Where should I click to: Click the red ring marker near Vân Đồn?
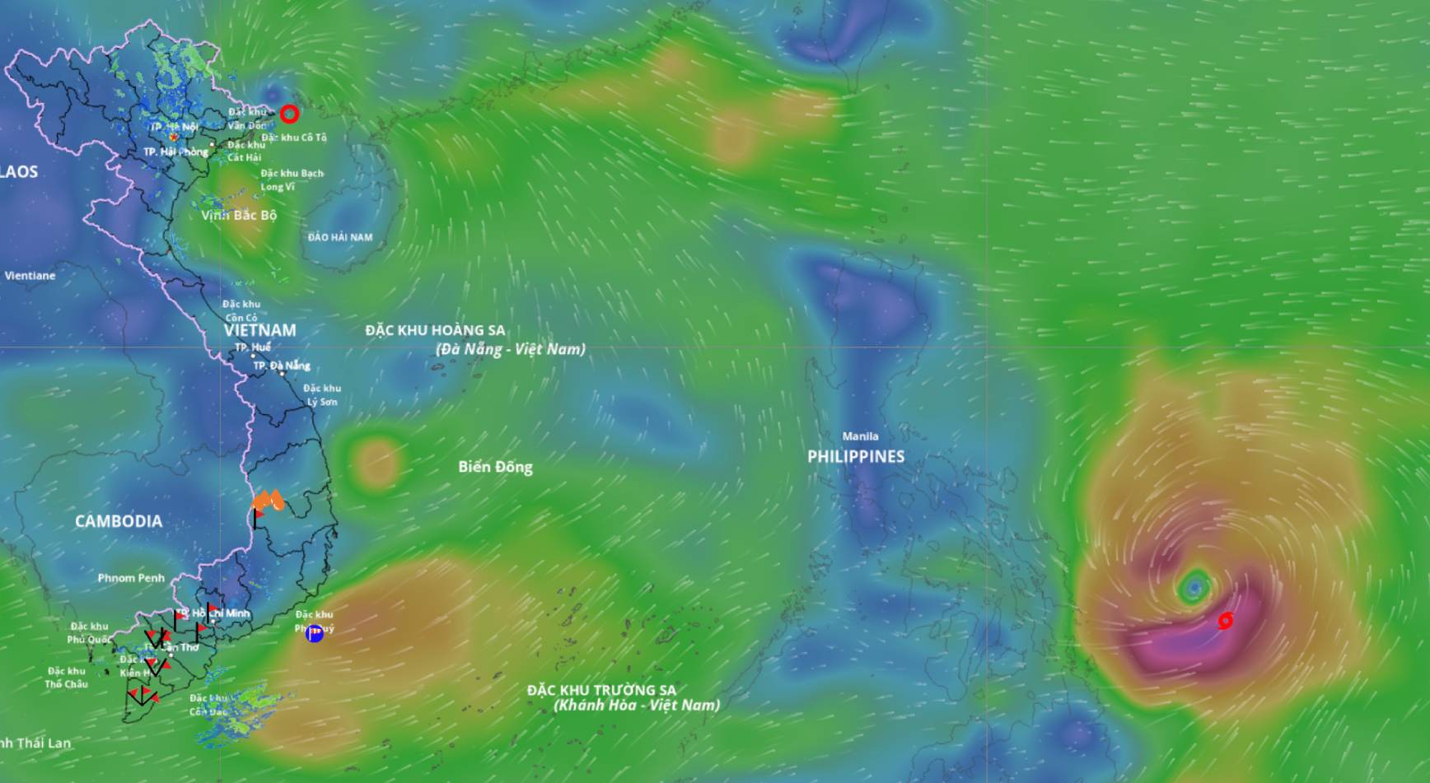click(x=289, y=114)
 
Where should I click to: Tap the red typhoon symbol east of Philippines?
click(x=1226, y=620)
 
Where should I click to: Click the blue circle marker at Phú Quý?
click(x=314, y=633)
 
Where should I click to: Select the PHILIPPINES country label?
click(x=855, y=456)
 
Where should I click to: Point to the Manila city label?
click(x=860, y=436)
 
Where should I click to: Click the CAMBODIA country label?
click(x=119, y=521)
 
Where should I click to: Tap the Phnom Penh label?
click(x=131, y=578)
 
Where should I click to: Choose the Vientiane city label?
click(x=30, y=276)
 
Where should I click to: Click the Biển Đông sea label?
click(x=495, y=467)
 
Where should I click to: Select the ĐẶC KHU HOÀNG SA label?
click(x=435, y=330)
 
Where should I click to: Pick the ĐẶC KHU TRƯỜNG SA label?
click(x=601, y=690)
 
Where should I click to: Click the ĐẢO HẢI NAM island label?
click(x=339, y=237)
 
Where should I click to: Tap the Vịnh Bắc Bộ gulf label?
click(x=239, y=215)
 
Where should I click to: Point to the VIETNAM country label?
click(x=259, y=329)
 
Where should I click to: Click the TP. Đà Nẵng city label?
click(x=282, y=366)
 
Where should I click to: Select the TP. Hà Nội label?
click(x=175, y=127)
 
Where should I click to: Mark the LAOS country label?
click(x=18, y=171)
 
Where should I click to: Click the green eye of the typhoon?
click(x=1194, y=587)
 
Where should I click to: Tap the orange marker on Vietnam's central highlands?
click(x=268, y=500)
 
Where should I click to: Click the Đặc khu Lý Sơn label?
click(x=322, y=395)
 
